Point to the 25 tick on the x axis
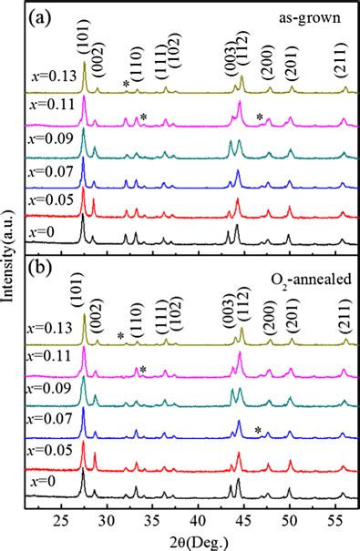(x=61, y=519)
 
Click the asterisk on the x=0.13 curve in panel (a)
(x=126, y=85)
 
